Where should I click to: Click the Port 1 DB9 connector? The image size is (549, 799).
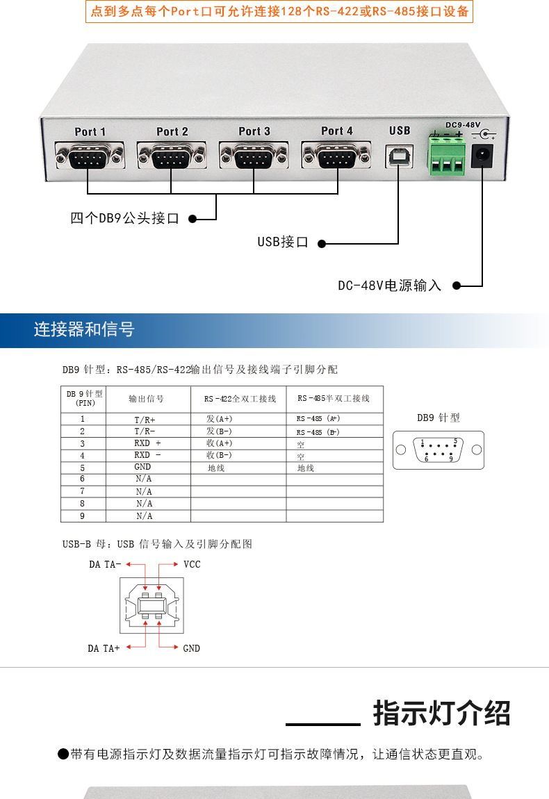pyautogui.click(x=90, y=156)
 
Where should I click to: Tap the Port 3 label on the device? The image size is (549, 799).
pyautogui.click(x=254, y=131)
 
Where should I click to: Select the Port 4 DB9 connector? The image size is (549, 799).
pyautogui.click(x=336, y=156)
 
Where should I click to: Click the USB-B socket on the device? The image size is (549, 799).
pyautogui.click(x=400, y=158)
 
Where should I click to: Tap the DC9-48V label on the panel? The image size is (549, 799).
pyautogui.click(x=463, y=124)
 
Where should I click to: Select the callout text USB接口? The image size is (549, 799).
pyautogui.click(x=283, y=242)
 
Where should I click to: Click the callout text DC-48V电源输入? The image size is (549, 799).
pyautogui.click(x=389, y=286)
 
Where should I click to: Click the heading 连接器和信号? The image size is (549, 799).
pyautogui.click(x=84, y=329)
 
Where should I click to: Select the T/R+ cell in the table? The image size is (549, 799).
pyautogui.click(x=145, y=420)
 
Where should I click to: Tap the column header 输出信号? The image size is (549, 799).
pyautogui.click(x=147, y=399)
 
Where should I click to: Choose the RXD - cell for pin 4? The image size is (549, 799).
pyautogui.click(x=147, y=456)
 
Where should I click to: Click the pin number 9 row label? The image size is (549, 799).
pyautogui.click(x=82, y=516)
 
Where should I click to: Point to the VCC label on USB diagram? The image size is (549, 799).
pyautogui.click(x=192, y=564)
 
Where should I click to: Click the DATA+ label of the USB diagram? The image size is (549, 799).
pyautogui.click(x=104, y=648)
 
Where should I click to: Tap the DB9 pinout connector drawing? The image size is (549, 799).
pyautogui.click(x=439, y=450)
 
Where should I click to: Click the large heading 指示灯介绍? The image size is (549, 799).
pyautogui.click(x=441, y=714)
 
